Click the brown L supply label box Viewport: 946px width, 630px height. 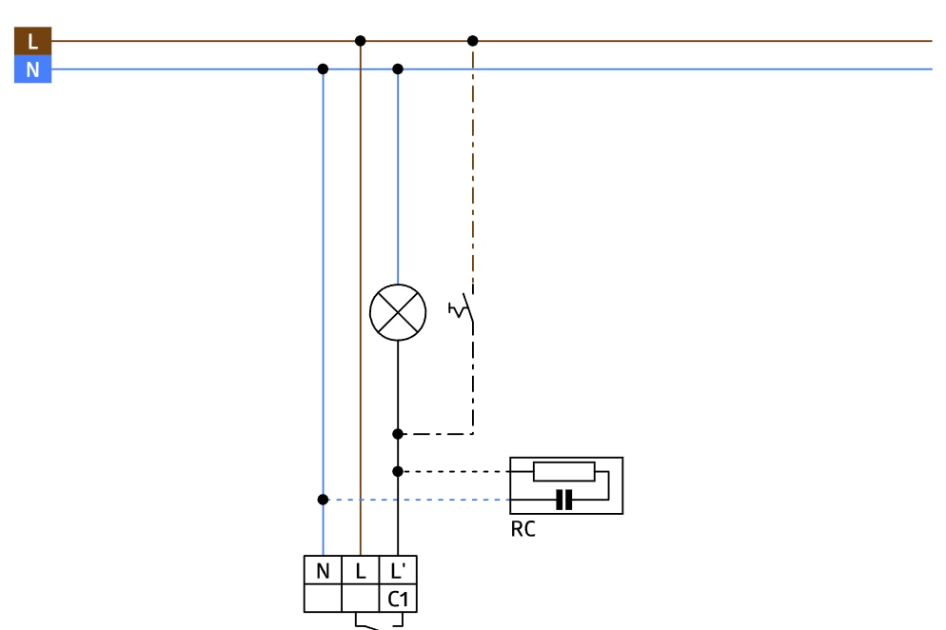32,41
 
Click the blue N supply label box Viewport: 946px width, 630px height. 32,69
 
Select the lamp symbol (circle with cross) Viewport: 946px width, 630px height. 398,312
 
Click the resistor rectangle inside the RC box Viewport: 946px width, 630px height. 564,471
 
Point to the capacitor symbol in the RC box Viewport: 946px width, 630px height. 564,500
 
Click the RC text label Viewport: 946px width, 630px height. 523,529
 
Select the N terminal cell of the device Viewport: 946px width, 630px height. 323,571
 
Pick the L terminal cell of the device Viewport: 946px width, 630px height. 361,571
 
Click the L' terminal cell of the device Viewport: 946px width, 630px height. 398,571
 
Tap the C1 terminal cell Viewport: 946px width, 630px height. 398,600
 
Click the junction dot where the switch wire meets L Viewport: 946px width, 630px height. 473,41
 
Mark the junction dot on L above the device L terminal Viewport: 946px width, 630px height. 360,41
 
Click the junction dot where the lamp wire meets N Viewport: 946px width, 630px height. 398,69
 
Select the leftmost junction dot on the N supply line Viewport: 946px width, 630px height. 323,69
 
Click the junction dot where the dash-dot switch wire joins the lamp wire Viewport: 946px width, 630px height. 398,434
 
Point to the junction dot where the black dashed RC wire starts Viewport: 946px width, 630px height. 398,471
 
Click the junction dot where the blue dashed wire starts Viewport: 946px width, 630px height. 323,500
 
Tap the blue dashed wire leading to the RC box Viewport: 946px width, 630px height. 419,500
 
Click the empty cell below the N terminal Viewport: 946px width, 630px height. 323,600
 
